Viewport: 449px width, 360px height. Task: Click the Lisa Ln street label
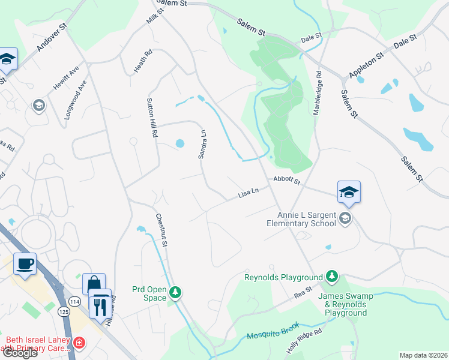(x=248, y=193)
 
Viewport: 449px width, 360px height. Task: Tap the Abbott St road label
(x=286, y=180)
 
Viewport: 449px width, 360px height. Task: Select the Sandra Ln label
(x=203, y=144)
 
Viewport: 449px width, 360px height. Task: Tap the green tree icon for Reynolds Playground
(x=331, y=277)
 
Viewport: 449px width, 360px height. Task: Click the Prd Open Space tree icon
(x=175, y=292)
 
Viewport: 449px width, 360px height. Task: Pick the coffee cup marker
(x=25, y=263)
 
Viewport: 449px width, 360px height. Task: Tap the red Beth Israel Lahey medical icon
(x=79, y=343)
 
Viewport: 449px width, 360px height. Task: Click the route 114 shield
(x=74, y=301)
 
